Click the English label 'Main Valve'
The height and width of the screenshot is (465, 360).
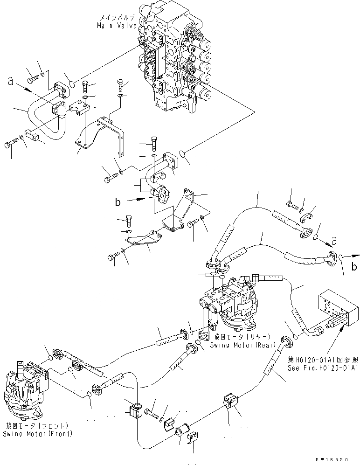[x=117, y=26]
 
